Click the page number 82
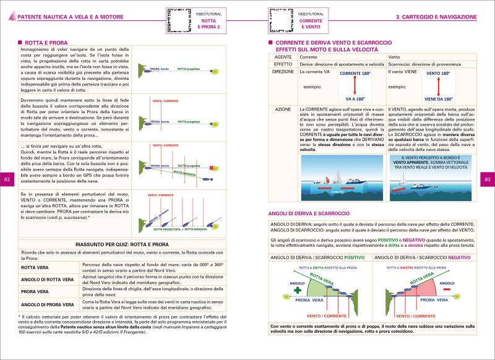click(x=7, y=179)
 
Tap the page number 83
click(x=487, y=179)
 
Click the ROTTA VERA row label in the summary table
click(x=35, y=268)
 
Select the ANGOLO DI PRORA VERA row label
click(x=48, y=304)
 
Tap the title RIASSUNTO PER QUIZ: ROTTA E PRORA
click(x=126, y=245)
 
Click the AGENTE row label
click(x=282, y=57)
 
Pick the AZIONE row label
click(x=282, y=109)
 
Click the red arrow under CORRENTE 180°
click(x=355, y=87)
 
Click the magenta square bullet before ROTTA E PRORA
click(x=20, y=42)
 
